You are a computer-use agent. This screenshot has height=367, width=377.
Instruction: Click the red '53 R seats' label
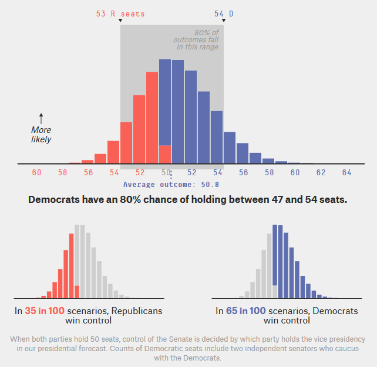[120, 13]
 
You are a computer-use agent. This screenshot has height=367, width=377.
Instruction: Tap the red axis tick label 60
[36, 172]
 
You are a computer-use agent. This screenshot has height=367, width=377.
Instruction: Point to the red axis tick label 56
[88, 172]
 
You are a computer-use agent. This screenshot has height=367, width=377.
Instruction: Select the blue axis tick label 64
[346, 172]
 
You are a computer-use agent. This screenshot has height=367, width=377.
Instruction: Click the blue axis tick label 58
[269, 172]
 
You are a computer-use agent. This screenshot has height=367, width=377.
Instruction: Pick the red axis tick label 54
[114, 172]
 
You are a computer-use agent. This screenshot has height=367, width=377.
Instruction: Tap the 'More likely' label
[41, 135]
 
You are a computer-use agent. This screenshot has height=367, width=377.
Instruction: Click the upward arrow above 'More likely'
[41, 118]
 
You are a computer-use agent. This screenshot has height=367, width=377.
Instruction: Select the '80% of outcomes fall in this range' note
[196, 40]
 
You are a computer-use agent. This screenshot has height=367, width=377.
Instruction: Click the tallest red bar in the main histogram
[152, 118]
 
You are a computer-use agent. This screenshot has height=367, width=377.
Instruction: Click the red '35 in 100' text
[45, 311]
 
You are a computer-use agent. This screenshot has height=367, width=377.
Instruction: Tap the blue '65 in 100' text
[245, 311]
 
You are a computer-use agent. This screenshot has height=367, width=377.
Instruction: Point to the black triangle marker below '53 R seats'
[120, 21]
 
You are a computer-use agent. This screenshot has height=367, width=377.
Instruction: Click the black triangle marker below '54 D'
[224, 21]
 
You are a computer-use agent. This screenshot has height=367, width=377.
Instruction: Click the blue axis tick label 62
[321, 172]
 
